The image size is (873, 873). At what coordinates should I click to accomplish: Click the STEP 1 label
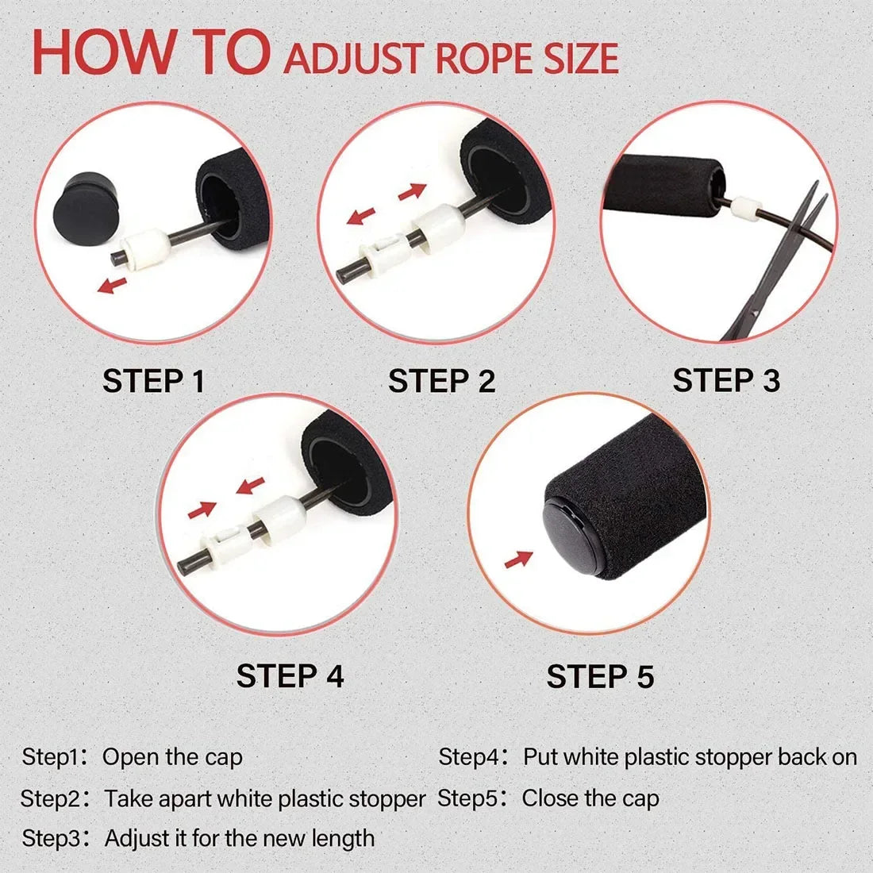(x=154, y=382)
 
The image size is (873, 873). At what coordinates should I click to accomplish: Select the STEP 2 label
(x=441, y=382)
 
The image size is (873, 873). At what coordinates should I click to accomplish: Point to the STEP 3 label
(x=726, y=381)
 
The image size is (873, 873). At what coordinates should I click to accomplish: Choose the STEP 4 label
(x=290, y=676)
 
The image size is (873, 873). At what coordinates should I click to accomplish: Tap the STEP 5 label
(x=600, y=677)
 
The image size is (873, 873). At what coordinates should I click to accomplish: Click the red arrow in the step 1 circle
(x=111, y=284)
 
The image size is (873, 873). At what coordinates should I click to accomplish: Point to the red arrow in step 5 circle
(x=518, y=560)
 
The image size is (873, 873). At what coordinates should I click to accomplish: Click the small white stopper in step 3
(x=743, y=208)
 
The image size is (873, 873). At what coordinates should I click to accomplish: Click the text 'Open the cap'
(x=172, y=757)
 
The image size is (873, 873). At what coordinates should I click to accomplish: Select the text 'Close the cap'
(x=590, y=798)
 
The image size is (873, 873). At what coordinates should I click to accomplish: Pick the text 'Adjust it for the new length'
(x=240, y=838)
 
